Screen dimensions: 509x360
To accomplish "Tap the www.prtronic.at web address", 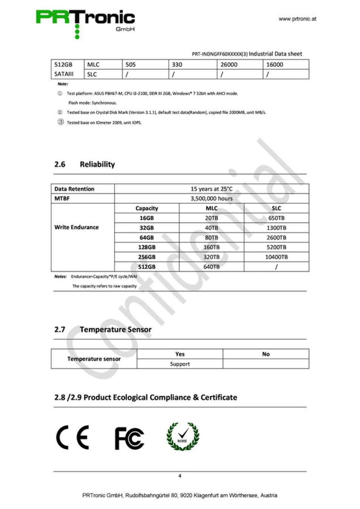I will (297, 19).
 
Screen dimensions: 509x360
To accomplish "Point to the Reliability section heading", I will (97, 164).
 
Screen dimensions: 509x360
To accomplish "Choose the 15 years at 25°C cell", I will (211, 189).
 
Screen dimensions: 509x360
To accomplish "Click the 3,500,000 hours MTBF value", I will (211, 198).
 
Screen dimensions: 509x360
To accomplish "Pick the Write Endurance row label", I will (77, 227).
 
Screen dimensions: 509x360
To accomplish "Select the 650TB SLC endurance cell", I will (276, 218).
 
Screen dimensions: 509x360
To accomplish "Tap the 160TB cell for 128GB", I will (211, 247).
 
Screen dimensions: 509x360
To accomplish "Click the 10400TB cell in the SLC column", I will (276, 257).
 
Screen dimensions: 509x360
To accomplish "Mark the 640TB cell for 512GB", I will (211, 267).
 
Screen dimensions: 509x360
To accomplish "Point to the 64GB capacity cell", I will (147, 238).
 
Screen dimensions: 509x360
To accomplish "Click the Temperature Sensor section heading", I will (115, 330).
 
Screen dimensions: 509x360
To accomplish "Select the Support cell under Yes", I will (180, 364).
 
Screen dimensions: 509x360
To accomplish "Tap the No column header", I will (266, 354).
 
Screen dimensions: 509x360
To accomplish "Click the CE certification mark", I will (72, 437).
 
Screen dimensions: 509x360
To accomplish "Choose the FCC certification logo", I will (129, 438).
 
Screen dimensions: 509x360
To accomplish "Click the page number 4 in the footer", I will (180, 476).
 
